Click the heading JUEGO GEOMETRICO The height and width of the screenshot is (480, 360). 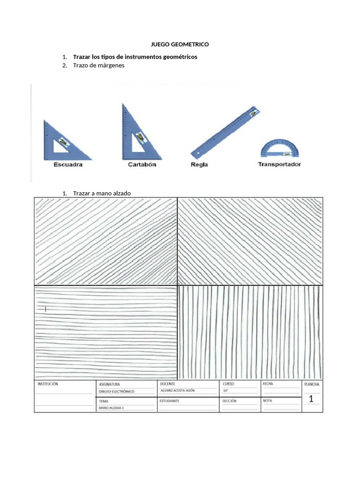[x=180, y=44]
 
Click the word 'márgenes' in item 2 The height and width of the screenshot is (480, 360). [x=111, y=66]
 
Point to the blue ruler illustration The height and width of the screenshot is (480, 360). [x=225, y=133]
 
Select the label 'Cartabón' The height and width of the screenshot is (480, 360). [x=142, y=165]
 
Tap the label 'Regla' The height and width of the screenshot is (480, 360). [x=199, y=165]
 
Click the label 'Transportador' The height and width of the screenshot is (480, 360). [x=279, y=165]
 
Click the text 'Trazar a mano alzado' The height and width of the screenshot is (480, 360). [x=102, y=193]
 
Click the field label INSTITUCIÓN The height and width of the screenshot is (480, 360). [x=47, y=384]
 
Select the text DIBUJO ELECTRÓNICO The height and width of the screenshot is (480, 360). [x=116, y=391]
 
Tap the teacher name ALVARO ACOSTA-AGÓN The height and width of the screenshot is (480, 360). [x=178, y=390]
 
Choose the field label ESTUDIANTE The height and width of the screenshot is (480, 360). [x=169, y=401]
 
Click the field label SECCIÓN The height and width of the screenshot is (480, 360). [x=229, y=401]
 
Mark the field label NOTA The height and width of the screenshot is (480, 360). [x=267, y=401]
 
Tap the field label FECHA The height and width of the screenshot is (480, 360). [x=268, y=383]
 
